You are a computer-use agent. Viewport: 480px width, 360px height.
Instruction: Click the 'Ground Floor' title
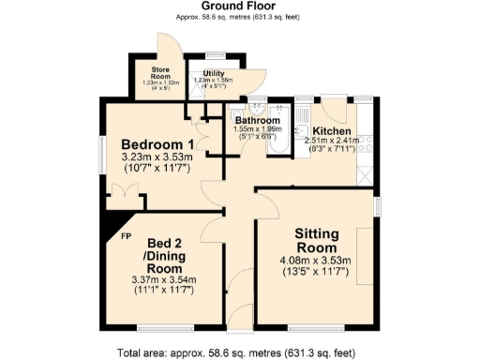[239, 7]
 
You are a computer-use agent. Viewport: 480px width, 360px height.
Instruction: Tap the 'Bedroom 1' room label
[151, 143]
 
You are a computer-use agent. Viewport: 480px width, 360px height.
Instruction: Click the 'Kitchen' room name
[331, 130]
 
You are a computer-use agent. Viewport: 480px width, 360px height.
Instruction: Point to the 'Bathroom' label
[257, 121]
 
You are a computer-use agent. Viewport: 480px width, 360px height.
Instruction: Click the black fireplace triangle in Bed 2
[114, 226]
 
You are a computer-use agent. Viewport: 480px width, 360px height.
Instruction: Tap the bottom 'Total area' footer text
[239, 353]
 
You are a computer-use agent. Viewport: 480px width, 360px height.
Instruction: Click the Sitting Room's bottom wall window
[315, 327]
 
